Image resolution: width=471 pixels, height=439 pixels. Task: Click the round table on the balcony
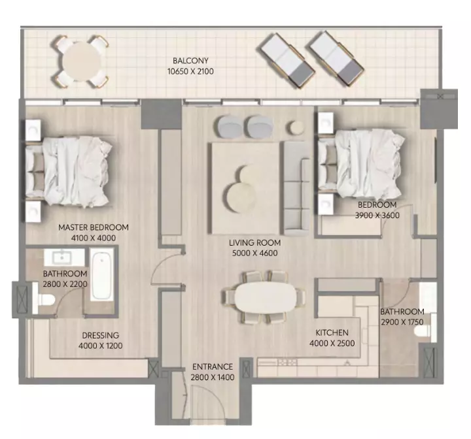click(81, 61)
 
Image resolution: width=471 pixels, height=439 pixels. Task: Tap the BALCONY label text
click(190, 61)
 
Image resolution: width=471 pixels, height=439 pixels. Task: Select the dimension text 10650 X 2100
click(190, 71)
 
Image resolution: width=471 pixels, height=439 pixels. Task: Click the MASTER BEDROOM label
click(94, 227)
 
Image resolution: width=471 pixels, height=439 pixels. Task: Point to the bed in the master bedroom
click(68, 171)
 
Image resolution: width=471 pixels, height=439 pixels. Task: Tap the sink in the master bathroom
click(62, 257)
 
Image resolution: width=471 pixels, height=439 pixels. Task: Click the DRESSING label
click(101, 335)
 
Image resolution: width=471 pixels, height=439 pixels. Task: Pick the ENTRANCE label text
click(213, 366)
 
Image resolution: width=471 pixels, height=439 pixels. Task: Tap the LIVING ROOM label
click(254, 242)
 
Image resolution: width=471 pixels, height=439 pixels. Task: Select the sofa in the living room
click(296, 188)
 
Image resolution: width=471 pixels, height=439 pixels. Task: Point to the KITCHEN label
click(332, 333)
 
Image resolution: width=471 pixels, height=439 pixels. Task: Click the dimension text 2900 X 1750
click(402, 322)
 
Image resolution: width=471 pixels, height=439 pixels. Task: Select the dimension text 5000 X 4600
click(254, 253)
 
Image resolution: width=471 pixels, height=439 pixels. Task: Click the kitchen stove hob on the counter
click(287, 362)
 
